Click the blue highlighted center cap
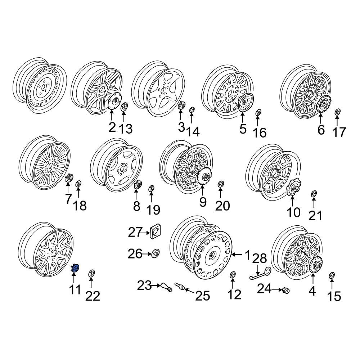(75, 268)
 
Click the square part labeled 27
(155, 231)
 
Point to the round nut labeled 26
(156, 254)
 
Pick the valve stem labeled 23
(166, 287)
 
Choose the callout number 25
(202, 296)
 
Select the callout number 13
(126, 129)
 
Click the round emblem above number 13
(124, 107)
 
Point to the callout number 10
(293, 212)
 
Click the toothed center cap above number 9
(203, 176)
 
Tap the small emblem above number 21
(314, 194)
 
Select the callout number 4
(312, 291)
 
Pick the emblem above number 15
(332, 275)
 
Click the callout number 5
(243, 129)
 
